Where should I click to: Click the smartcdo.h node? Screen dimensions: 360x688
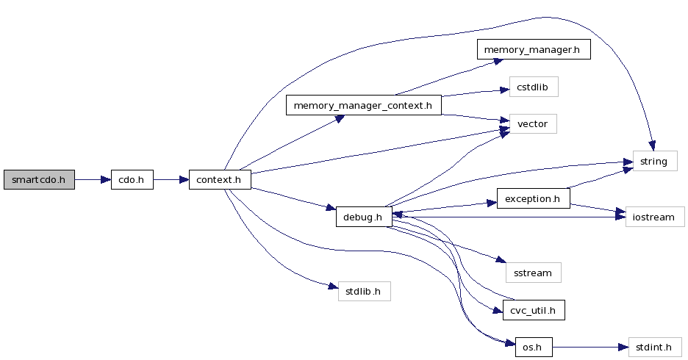coord(39,180)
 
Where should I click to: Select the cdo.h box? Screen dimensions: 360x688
coord(132,180)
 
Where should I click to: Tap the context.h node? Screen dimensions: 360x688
coord(220,180)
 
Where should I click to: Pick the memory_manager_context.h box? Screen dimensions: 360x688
coord(363,106)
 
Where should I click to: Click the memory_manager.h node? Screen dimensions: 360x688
coord(534,51)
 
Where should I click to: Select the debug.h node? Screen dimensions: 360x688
coord(363,217)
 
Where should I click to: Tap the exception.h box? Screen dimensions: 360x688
coord(534,198)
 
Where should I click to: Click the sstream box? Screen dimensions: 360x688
coord(533,273)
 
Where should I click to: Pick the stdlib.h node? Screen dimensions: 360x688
coord(363,291)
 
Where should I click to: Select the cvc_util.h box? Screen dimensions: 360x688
coord(533,310)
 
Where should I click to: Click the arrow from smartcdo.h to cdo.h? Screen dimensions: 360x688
coord(93,180)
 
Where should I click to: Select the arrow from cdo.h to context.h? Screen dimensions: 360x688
coord(171,180)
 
